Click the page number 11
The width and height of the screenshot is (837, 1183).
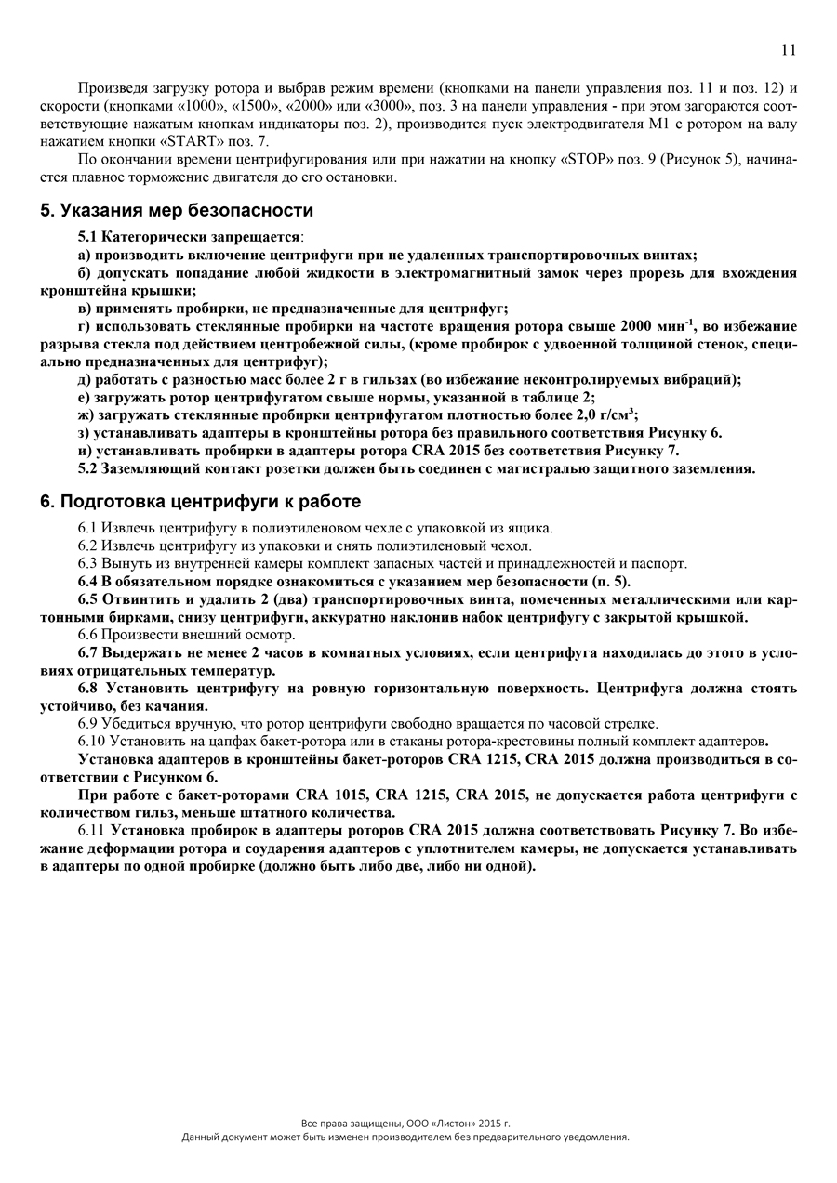coord(788,49)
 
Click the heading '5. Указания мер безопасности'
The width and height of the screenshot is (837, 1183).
coord(177,210)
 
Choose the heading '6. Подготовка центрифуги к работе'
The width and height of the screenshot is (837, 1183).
coord(200,502)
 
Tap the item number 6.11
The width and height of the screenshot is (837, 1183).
coord(92,830)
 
